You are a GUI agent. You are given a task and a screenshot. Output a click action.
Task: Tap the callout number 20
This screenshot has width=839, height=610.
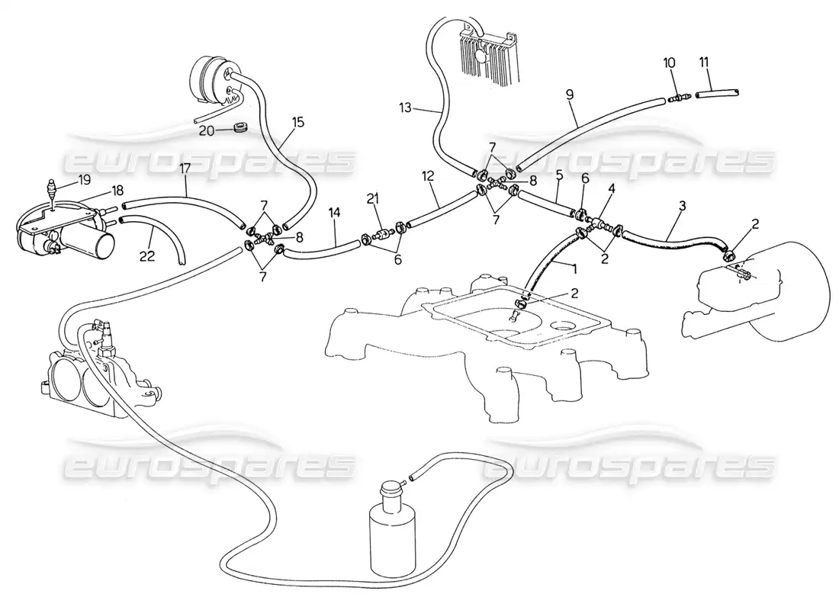click(x=206, y=130)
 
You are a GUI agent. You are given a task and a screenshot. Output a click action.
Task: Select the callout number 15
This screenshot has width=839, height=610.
click(x=297, y=123)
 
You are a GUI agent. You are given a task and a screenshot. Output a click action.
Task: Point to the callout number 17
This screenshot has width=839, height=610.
click(x=185, y=169)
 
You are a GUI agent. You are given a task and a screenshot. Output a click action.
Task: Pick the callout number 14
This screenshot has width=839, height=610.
click(x=334, y=213)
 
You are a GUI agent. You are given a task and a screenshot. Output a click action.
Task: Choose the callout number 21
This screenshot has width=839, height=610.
click(x=372, y=198)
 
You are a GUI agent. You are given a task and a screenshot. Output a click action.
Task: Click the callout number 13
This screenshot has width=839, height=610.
click(x=406, y=108)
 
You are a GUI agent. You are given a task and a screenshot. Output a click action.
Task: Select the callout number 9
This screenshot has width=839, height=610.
click(x=570, y=95)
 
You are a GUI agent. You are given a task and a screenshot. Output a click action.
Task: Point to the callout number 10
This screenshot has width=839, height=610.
click(x=670, y=63)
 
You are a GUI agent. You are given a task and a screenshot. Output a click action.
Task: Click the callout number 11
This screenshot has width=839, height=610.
click(x=704, y=63)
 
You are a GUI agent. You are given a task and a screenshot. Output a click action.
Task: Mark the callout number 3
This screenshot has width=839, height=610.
click(x=682, y=205)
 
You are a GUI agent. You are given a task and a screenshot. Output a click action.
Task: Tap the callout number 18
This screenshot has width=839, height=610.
click(x=117, y=190)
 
